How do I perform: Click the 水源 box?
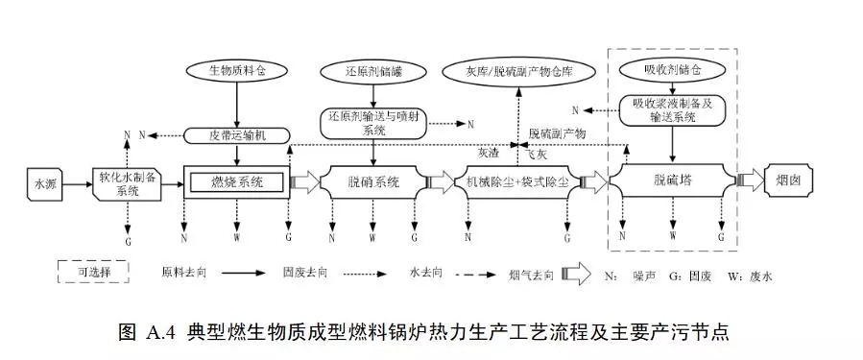pos(47,181)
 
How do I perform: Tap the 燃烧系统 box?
pos(235,181)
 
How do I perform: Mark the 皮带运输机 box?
pos(235,134)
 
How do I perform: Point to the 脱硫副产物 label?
pos(558,133)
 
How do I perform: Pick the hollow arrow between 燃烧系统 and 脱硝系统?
pos(305,181)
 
